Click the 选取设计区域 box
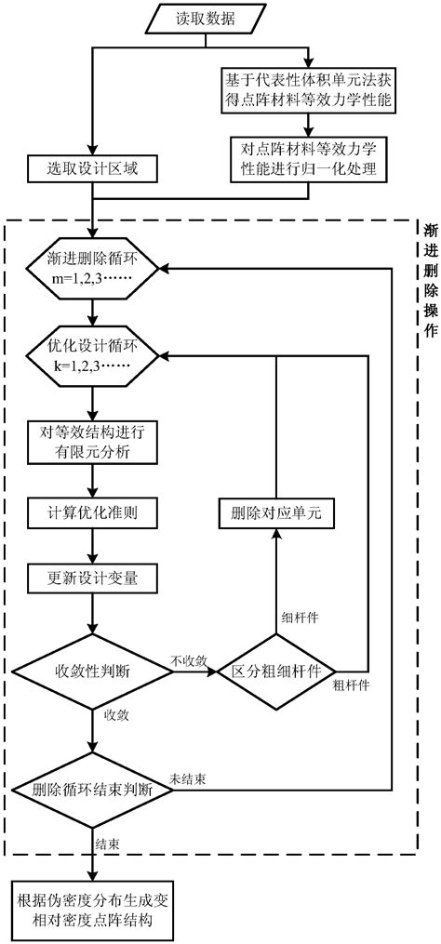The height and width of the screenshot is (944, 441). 90,171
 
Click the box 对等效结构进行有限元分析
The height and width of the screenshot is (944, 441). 90,440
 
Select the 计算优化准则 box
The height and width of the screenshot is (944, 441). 90,513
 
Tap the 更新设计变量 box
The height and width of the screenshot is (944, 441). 90,579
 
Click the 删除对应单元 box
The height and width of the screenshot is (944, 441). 277,513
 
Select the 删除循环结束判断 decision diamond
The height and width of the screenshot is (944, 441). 90,793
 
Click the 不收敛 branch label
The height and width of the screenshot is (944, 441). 189,660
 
